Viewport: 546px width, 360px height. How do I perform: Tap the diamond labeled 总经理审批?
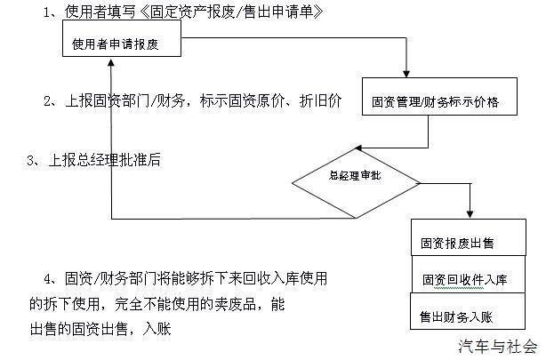356,177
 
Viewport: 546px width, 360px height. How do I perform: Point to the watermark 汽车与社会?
498,346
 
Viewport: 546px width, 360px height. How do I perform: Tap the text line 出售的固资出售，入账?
100,329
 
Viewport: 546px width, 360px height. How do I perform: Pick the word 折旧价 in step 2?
322,101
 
